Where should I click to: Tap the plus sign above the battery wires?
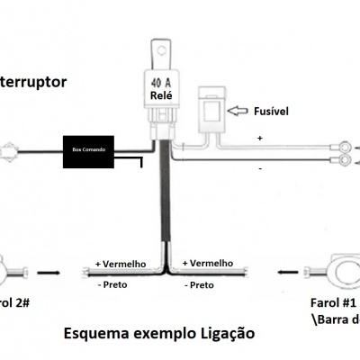(x=260, y=139)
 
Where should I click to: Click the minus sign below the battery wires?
(x=260, y=168)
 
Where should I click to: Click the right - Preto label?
(x=199, y=285)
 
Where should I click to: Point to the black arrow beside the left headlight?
(x=49, y=269)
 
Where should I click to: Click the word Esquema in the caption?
(x=96, y=333)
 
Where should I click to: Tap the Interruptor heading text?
(x=33, y=81)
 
